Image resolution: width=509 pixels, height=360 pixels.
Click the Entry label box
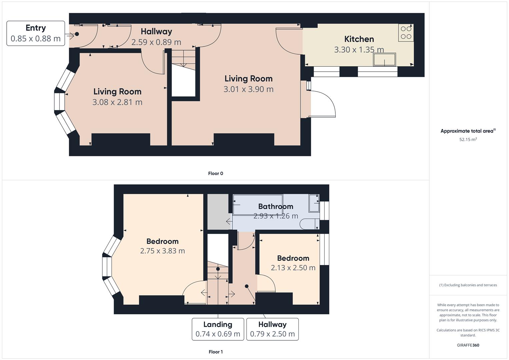(x=36, y=33)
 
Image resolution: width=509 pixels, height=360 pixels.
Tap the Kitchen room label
(x=359, y=39)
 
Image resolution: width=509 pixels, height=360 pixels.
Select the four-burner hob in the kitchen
(x=406, y=33)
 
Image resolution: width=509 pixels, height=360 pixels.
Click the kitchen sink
(x=384, y=60)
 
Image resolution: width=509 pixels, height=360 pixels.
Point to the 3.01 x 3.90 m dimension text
(x=248, y=89)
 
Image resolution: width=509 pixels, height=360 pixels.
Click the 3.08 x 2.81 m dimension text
(x=117, y=102)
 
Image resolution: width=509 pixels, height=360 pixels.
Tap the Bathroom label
(x=276, y=206)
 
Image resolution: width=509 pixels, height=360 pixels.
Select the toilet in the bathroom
(x=309, y=224)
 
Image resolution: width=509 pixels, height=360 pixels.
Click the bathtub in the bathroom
(x=258, y=205)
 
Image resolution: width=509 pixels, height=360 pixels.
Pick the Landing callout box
(x=218, y=329)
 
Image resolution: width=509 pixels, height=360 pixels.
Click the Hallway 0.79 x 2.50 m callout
(x=272, y=329)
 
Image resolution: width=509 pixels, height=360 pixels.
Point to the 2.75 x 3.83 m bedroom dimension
(x=162, y=251)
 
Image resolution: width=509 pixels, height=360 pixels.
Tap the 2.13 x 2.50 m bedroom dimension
(x=293, y=268)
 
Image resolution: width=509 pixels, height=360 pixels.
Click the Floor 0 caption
(x=216, y=173)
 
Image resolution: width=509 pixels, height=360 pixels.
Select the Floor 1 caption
(x=216, y=352)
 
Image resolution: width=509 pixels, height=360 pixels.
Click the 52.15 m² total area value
(x=468, y=139)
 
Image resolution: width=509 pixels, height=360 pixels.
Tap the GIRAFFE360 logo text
(x=468, y=345)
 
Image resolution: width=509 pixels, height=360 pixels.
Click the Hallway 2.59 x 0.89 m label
(x=156, y=37)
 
